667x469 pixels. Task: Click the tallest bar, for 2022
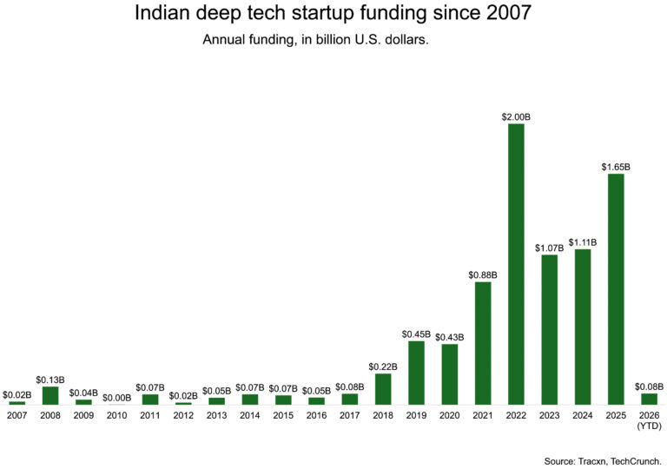point(516,264)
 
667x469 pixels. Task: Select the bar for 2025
point(616,289)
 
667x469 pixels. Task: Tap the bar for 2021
point(483,343)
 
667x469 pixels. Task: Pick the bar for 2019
point(416,373)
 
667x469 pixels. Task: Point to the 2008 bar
point(50,395)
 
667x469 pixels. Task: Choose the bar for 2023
point(549,329)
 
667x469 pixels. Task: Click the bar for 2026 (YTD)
point(649,399)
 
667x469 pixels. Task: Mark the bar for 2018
point(383,389)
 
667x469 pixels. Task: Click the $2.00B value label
point(516,116)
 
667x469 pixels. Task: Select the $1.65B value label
point(616,167)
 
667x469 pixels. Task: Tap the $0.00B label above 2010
point(116,398)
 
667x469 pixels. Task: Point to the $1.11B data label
point(583,241)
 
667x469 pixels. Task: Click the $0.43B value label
point(450,337)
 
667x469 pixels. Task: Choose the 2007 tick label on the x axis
point(17,415)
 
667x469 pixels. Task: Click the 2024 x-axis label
point(583,415)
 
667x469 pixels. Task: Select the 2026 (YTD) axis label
point(649,420)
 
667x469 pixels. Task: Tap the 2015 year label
point(283,415)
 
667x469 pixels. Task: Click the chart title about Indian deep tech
point(333,14)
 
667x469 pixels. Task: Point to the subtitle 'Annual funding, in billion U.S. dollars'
point(315,40)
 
